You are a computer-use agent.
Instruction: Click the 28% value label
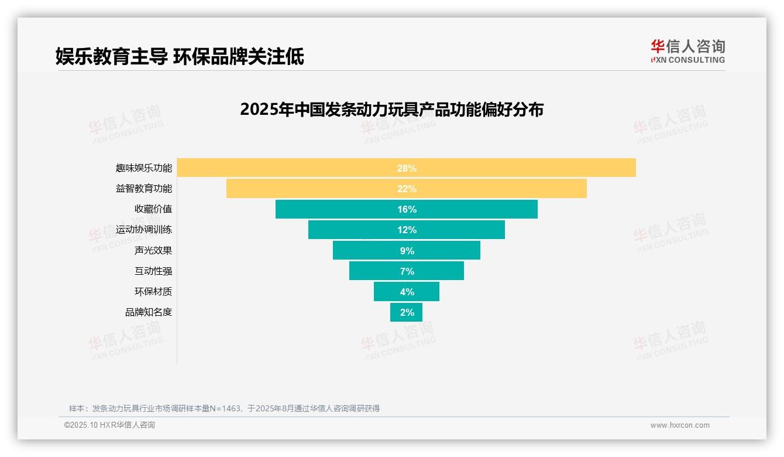click(x=407, y=168)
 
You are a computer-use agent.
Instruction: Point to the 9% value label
click(x=407, y=251)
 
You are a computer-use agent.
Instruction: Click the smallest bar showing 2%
click(x=407, y=312)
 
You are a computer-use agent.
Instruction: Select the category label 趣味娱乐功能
click(x=144, y=168)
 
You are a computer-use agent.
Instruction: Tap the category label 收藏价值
click(x=153, y=209)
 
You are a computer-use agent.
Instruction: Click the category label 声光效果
click(x=153, y=251)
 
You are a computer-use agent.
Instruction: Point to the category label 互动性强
click(x=153, y=271)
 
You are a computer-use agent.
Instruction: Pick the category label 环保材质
click(x=153, y=292)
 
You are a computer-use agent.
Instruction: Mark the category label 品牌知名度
click(x=149, y=312)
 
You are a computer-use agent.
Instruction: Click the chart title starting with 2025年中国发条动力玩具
click(x=391, y=110)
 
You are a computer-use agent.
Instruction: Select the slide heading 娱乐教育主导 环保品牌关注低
click(x=180, y=57)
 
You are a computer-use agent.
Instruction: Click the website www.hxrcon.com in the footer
click(x=680, y=425)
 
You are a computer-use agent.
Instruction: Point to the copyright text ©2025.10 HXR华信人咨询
click(x=109, y=425)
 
